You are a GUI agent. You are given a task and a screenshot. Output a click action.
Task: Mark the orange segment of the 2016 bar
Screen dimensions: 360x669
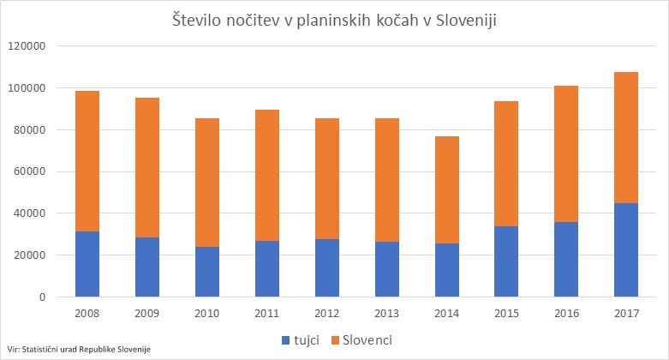[x=565, y=154]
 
